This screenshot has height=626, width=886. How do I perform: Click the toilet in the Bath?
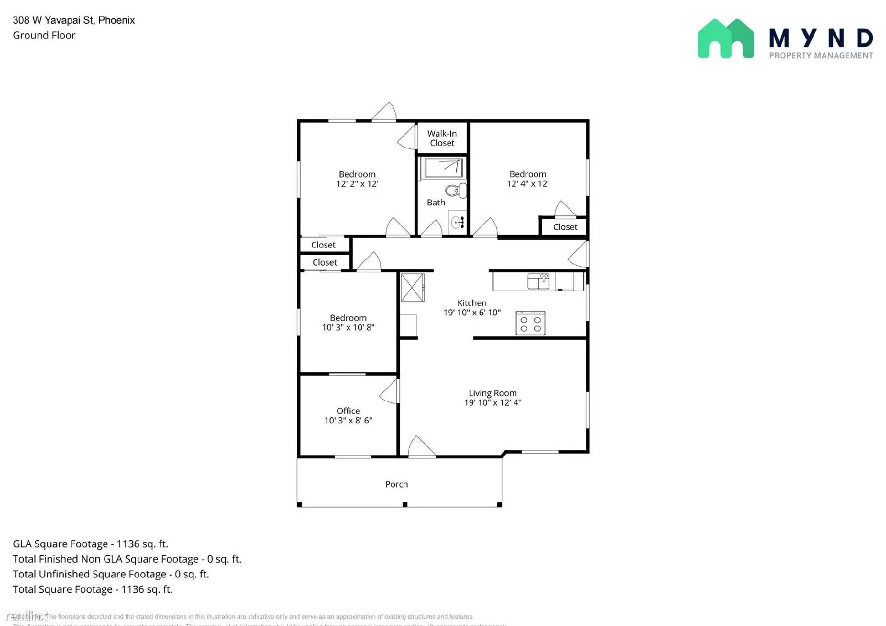[x=456, y=191]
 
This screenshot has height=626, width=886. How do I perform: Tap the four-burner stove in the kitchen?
[x=530, y=323]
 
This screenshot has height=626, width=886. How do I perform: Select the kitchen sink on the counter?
[x=538, y=282]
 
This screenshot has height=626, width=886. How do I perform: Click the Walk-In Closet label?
[x=442, y=138]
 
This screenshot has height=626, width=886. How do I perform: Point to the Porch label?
[x=396, y=484]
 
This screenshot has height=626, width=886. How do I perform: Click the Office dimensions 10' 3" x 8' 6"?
[x=348, y=421]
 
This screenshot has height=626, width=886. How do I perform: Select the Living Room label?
[x=492, y=393]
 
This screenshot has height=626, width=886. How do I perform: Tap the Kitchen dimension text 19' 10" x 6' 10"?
[x=472, y=313]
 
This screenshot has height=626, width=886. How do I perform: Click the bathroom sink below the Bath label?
[x=457, y=223]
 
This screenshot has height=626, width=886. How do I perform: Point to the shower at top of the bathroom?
[x=442, y=168]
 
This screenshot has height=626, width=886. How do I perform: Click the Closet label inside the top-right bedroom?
[x=565, y=227]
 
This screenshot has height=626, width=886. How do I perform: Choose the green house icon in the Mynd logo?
[x=725, y=39]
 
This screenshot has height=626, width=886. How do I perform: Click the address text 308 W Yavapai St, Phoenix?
[x=74, y=20]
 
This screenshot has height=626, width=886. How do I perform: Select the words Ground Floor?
[x=44, y=35]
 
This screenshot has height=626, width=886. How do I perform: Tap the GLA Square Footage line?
[x=90, y=544]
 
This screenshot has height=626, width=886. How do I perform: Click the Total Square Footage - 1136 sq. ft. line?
[x=92, y=589]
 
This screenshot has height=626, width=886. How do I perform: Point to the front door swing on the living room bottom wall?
[x=420, y=447]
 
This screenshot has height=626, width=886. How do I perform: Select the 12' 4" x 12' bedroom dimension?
[x=527, y=184]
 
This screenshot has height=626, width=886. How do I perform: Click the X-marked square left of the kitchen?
[x=412, y=287]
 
